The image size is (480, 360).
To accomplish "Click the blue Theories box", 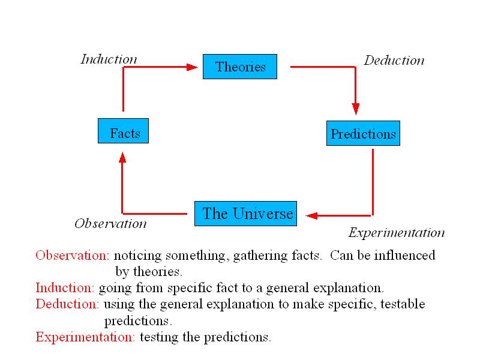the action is pyautogui.click(x=240, y=67).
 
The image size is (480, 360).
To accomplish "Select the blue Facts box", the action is pyautogui.click(x=124, y=131).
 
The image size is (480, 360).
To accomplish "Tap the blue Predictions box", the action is pyautogui.click(x=364, y=133).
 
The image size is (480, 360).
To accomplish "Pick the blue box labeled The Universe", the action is pyautogui.click(x=246, y=214).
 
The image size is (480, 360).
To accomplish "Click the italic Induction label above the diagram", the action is pyautogui.click(x=109, y=59).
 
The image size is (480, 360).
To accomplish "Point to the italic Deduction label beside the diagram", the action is pyautogui.click(x=394, y=61).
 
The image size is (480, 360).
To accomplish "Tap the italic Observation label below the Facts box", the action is pyautogui.click(x=110, y=223).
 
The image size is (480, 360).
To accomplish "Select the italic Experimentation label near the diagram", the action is pyautogui.click(x=397, y=233).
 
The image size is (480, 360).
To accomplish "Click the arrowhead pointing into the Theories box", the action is pyautogui.click(x=192, y=67).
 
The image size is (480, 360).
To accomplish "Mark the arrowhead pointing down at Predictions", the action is pyautogui.click(x=356, y=109).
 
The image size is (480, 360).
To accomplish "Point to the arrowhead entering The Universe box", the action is pyautogui.click(x=311, y=216).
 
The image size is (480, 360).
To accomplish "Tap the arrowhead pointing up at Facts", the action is pyautogui.click(x=122, y=158).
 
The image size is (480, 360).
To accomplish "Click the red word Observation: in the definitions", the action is pyautogui.click(x=72, y=256).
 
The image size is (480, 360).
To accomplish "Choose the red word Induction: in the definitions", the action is pyautogui.click(x=65, y=288).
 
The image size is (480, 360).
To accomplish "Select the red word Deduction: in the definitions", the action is pyautogui.click(x=67, y=304).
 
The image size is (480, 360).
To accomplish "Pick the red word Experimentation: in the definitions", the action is pyautogui.click(x=85, y=337).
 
